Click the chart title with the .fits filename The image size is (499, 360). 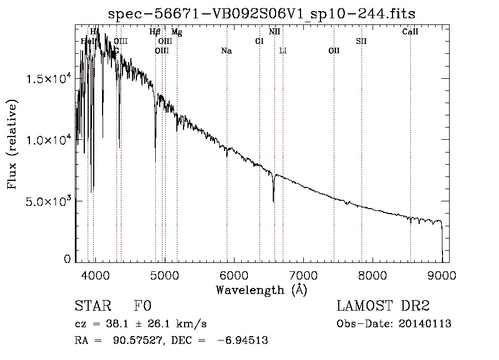point(262,13)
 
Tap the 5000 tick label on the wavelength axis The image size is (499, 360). point(164,275)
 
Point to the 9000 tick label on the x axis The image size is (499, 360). point(442,275)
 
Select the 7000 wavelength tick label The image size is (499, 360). point(303,275)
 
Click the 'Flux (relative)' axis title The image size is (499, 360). point(12,144)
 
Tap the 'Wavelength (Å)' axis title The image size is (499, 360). point(261,289)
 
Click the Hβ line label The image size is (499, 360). point(155,32)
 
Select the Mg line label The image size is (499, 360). point(176,32)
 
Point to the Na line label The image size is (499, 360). point(226,51)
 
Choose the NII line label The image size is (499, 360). point(274,32)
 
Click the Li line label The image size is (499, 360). point(283,51)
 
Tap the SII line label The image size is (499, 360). point(361,41)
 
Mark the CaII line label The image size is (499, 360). point(410,32)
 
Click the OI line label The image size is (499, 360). point(259,41)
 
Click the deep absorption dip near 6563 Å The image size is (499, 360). point(273,197)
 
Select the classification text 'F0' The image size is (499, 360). point(143,307)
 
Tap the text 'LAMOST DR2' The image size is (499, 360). point(383,307)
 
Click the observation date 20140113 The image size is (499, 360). point(427,324)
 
